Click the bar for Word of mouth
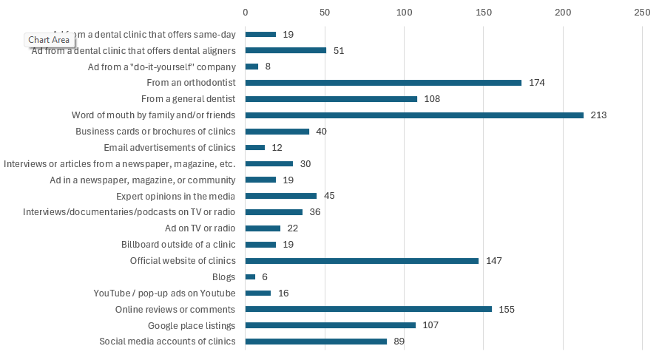414,115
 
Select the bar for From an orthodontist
383,83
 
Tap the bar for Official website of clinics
362,261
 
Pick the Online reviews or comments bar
368,309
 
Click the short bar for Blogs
250,277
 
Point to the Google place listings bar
331,325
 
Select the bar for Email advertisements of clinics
255,148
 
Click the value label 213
598,115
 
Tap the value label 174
537,83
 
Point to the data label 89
399,342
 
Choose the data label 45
331,196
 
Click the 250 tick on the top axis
642,13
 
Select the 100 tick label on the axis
404,13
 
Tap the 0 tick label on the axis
246,13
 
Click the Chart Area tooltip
49,40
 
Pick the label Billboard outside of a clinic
178,245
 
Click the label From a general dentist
188,99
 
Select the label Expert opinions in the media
175,196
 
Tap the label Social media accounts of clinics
167,342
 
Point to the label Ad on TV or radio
200,228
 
